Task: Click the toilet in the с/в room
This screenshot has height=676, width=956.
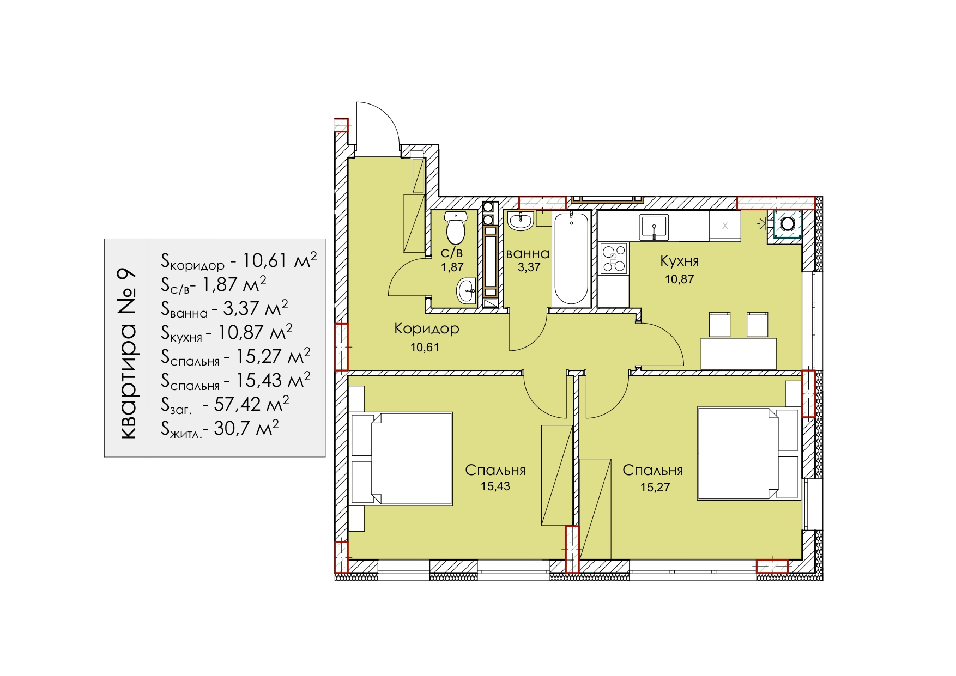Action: [x=456, y=228]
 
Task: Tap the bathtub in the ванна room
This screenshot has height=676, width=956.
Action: [x=571, y=258]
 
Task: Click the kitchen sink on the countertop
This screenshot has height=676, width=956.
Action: [x=654, y=227]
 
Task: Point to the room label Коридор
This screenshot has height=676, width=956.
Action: [x=426, y=328]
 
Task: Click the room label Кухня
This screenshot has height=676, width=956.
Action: [x=679, y=261]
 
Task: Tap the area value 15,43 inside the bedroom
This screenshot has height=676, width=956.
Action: [x=495, y=486]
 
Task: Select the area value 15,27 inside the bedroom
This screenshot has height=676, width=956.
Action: [x=655, y=487]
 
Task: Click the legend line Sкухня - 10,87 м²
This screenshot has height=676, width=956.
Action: [x=227, y=332]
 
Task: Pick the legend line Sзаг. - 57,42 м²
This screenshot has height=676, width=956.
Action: [x=225, y=404]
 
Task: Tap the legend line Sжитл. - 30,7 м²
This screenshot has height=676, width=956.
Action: [x=220, y=428]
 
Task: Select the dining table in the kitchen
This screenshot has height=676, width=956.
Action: [x=738, y=354]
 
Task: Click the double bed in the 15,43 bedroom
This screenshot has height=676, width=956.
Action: [x=402, y=458]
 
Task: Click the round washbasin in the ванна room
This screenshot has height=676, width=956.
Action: [x=521, y=221]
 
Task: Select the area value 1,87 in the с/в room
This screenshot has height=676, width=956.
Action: [x=452, y=267]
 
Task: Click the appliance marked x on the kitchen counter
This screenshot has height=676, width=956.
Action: [x=725, y=226]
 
